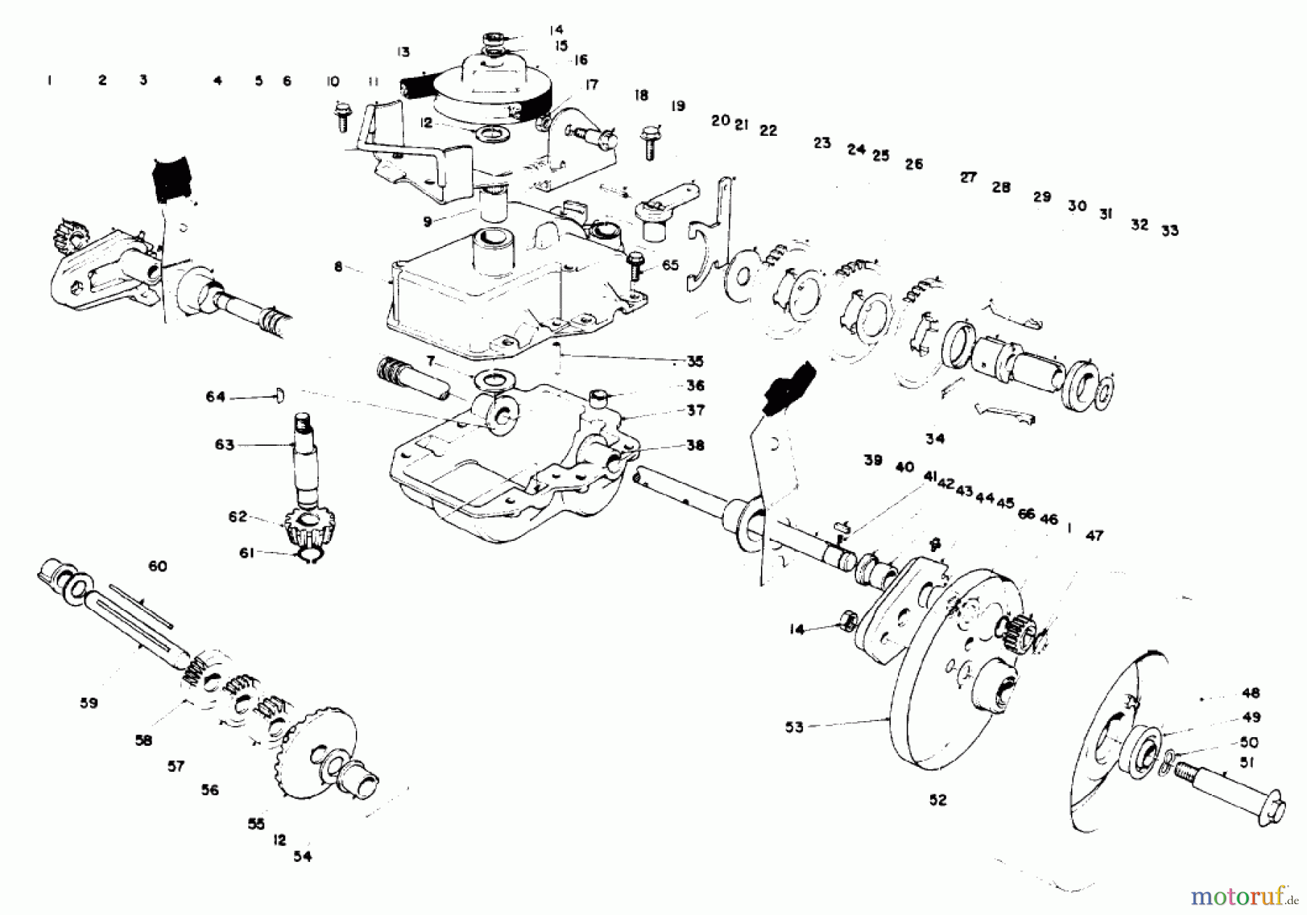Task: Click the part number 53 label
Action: click(794, 727)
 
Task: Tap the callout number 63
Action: click(224, 444)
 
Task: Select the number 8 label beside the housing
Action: click(338, 267)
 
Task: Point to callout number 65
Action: click(670, 265)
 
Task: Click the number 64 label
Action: click(216, 397)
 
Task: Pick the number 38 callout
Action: click(695, 445)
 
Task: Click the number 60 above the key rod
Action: click(158, 566)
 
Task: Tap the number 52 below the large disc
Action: click(938, 800)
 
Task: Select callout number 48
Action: click(1250, 693)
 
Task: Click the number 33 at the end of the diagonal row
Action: click(1169, 231)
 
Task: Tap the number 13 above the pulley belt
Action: click(403, 52)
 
